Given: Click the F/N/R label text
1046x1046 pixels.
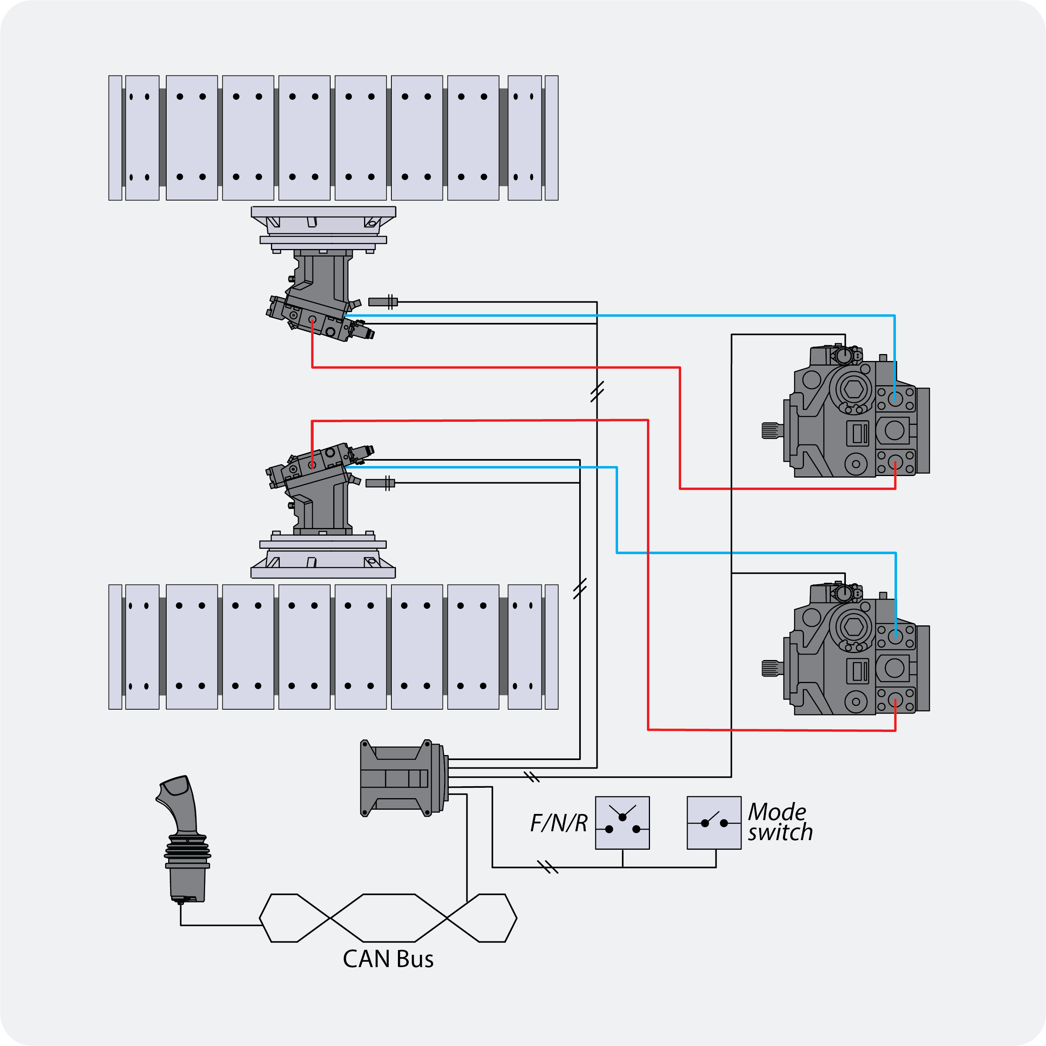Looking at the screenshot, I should click(558, 823).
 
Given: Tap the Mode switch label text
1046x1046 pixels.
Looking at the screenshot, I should click(780, 822).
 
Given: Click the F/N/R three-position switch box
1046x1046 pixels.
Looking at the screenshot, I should click(622, 822).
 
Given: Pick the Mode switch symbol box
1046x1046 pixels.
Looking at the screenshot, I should click(713, 822).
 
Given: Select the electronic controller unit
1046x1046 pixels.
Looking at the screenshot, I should click(403, 778).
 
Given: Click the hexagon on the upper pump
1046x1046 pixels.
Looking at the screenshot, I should click(853, 389).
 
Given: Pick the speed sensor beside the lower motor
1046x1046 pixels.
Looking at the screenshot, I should click(380, 483).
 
